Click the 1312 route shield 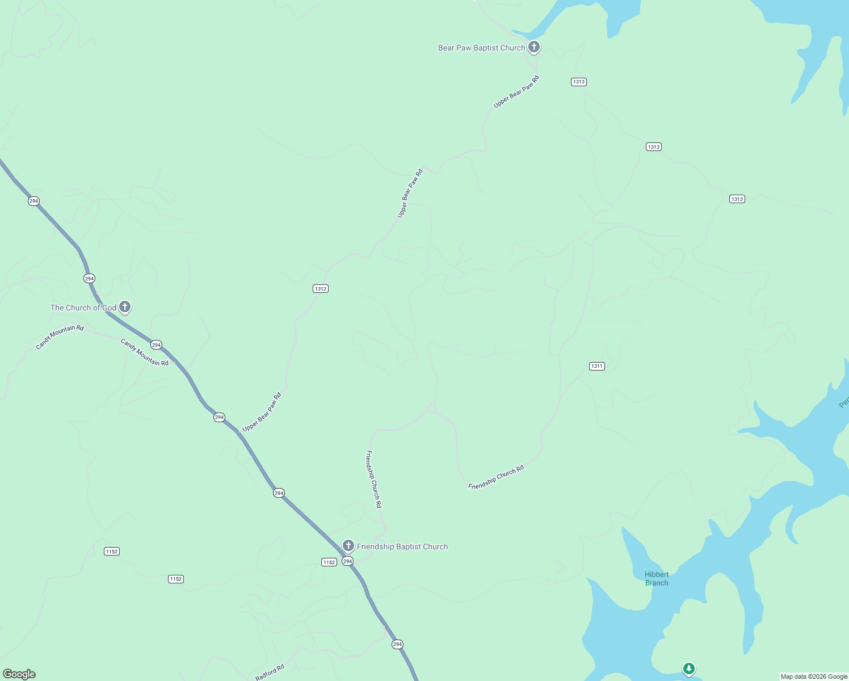click(321, 289)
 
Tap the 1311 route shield click(596, 366)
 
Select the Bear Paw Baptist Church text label click(481, 48)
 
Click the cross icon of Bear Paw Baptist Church click(533, 47)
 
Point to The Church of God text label click(83, 308)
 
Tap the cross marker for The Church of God click(125, 307)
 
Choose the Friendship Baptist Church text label click(402, 547)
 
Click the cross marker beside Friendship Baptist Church click(348, 546)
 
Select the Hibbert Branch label click(657, 579)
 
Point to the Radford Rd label click(270, 672)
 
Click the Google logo click(19, 674)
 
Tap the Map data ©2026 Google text click(814, 676)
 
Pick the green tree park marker click(688, 669)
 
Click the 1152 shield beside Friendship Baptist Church click(329, 562)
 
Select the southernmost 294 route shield click(397, 644)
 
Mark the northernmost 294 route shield click(33, 201)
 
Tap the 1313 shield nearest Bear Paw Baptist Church click(578, 82)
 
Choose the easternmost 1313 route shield click(737, 199)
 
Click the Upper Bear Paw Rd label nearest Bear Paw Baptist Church click(516, 91)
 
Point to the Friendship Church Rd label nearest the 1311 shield click(496, 477)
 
